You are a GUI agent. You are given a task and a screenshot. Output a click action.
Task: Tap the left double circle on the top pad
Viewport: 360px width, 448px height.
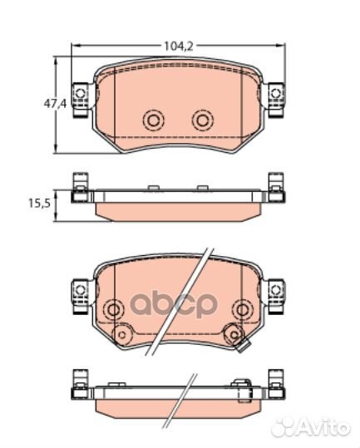click(x=153, y=121)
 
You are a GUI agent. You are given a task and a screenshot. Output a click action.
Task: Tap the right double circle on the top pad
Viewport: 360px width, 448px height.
click(x=202, y=121)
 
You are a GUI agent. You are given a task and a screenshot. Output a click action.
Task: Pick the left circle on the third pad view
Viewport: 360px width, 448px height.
click(x=106, y=310)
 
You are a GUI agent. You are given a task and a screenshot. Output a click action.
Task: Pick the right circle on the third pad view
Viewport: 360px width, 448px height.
click(x=241, y=310)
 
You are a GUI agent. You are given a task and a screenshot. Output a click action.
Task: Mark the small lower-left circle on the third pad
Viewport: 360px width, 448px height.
click(x=121, y=335)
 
